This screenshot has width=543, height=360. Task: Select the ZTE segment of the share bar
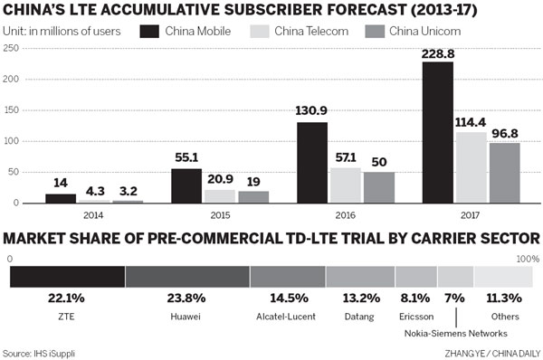(x=67, y=277)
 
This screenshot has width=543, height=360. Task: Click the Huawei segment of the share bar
(x=187, y=277)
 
